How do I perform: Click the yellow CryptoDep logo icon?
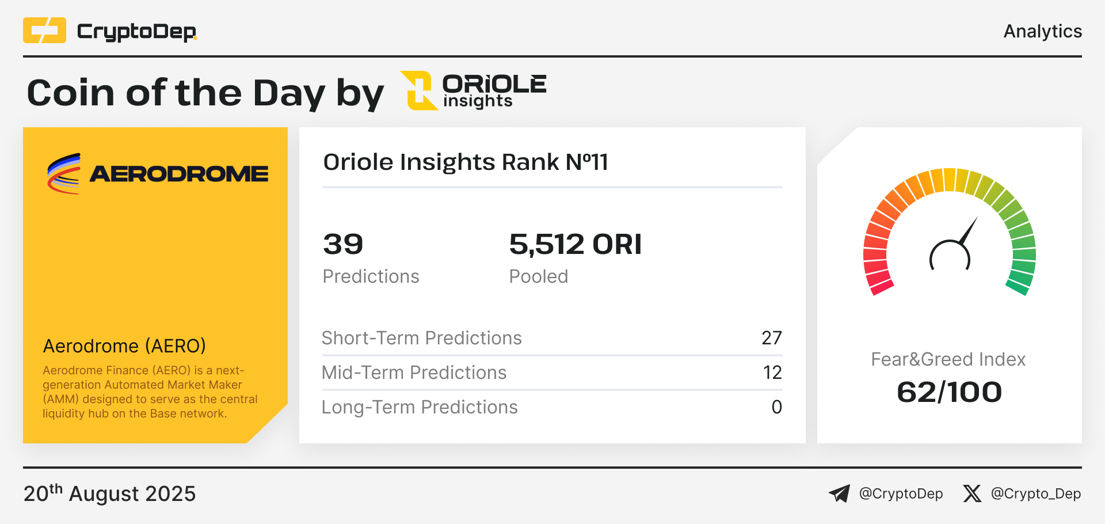click(x=44, y=31)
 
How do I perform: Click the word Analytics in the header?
click(x=1043, y=31)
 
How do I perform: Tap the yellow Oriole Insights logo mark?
click(x=419, y=90)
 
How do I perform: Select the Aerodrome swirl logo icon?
click(x=64, y=173)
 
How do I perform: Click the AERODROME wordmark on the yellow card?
click(x=179, y=174)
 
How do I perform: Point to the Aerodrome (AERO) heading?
click(x=124, y=346)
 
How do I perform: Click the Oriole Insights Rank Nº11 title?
click(x=466, y=162)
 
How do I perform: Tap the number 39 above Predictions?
click(x=343, y=244)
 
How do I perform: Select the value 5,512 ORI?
click(x=576, y=244)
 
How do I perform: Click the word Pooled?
click(x=539, y=276)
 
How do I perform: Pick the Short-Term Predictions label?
click(x=422, y=338)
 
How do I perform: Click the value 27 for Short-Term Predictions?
click(x=772, y=338)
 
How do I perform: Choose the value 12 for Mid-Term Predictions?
click(x=772, y=373)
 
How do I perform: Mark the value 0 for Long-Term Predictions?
click(x=777, y=407)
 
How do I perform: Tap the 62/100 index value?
click(x=950, y=392)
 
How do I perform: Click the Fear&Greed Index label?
click(x=948, y=359)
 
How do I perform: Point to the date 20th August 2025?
click(x=109, y=493)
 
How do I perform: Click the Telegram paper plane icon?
click(x=839, y=493)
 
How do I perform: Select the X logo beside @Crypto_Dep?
click(x=972, y=493)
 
